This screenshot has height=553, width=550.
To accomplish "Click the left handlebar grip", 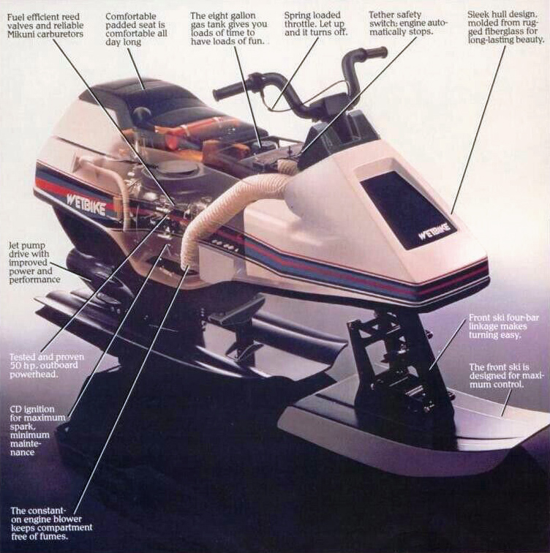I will click(x=229, y=91).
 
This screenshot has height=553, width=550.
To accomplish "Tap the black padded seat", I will click(x=146, y=99).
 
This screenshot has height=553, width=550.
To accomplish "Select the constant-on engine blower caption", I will click(x=50, y=522).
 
